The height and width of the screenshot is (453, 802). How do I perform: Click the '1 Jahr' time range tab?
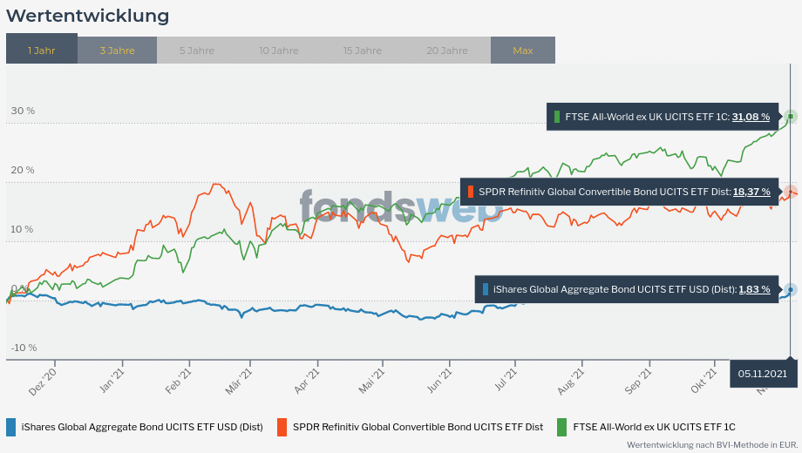tap(41, 50)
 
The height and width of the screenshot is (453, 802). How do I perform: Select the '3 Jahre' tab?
tap(117, 50)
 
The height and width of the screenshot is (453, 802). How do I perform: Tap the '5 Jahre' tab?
tap(197, 50)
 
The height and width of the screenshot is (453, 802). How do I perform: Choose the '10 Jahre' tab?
tap(278, 50)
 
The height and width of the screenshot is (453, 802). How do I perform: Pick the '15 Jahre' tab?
tap(363, 50)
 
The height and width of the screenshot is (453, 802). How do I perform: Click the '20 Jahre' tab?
tap(447, 50)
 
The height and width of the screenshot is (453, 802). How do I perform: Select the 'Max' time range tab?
tap(523, 50)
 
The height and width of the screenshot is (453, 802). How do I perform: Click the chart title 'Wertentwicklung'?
tap(88, 16)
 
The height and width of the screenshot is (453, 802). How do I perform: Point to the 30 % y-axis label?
tap(23, 111)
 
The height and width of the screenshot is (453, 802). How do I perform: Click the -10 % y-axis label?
tap(24, 348)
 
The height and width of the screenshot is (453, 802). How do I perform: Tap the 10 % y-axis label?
tap(23, 229)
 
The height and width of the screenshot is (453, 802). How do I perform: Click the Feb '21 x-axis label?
tap(178, 381)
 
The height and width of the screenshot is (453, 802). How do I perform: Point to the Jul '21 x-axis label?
tap(506, 381)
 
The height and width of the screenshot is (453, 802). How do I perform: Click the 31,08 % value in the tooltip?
tap(751, 116)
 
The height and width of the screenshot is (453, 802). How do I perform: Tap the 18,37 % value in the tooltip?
tap(751, 192)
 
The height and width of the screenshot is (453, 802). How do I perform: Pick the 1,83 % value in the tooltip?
tap(754, 289)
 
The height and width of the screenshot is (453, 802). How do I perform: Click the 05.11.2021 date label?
tap(763, 373)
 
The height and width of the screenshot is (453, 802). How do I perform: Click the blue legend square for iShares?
tap(10, 427)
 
